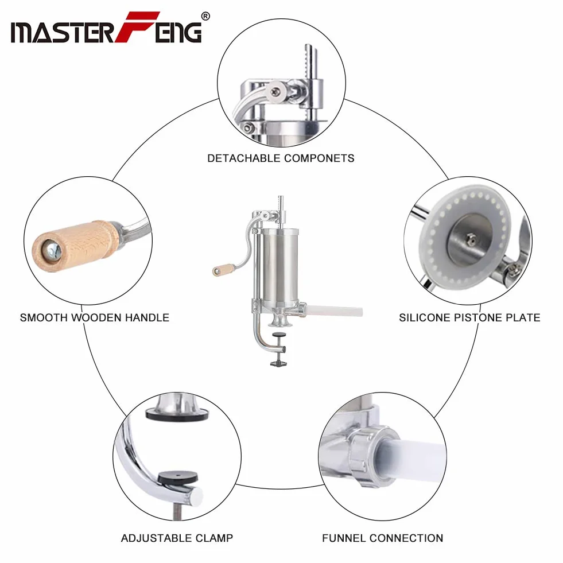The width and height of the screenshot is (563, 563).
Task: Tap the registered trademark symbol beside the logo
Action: tap(205, 16)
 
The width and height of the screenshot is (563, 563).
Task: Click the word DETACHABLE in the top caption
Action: tap(244, 158)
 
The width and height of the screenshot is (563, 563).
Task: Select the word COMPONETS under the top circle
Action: tap(319, 158)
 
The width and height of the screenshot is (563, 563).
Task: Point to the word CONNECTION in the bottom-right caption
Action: tap(406, 538)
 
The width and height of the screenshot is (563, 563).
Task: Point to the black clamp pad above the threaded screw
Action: tap(178, 477)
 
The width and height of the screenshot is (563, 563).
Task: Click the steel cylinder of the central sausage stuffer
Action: tap(280, 266)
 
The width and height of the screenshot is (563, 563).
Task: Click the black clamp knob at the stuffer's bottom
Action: tap(278, 363)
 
